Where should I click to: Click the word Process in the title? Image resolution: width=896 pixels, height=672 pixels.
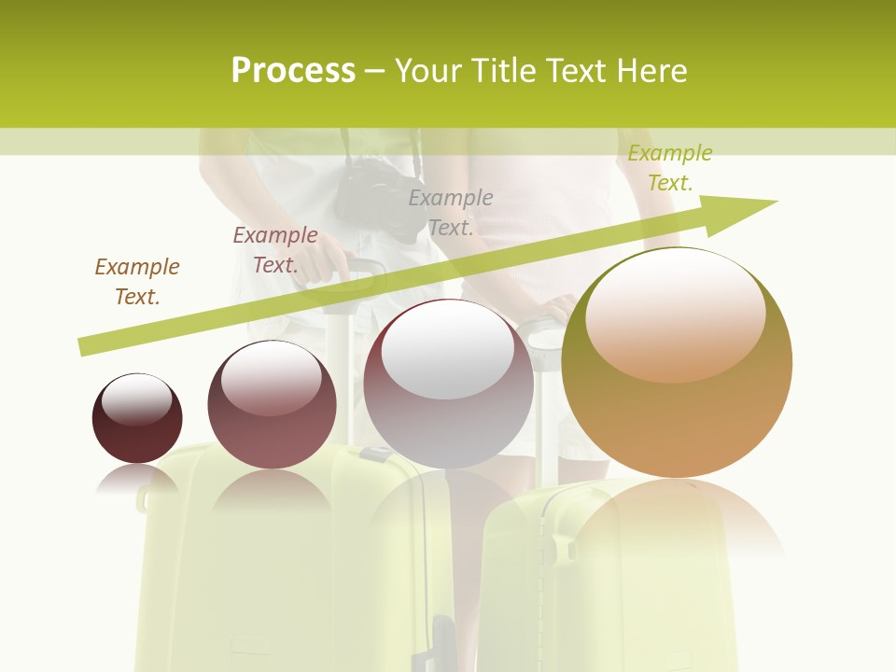coord(293,71)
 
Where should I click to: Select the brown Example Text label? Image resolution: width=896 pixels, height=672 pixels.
coord(137,281)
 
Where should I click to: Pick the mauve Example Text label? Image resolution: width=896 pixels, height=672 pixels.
coord(275,250)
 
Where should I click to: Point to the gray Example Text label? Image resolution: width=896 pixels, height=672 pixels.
coord(451,212)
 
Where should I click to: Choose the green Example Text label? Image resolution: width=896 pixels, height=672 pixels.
coord(670,168)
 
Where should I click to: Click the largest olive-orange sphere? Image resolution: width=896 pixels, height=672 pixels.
coord(677,411)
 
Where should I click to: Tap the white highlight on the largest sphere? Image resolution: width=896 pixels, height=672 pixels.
coord(676,313)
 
